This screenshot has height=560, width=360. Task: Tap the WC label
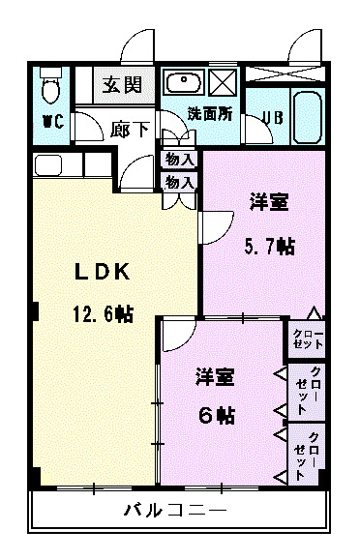(x=51, y=122)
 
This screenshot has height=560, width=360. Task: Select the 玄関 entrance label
(x=123, y=84)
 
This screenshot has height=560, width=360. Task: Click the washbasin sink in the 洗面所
(x=182, y=81)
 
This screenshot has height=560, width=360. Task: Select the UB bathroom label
(x=272, y=118)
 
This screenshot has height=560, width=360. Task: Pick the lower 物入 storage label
(x=179, y=181)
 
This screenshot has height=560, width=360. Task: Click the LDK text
(x=103, y=273)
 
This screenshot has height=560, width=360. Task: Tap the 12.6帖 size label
(x=101, y=313)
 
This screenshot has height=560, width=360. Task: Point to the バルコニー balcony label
(x=174, y=510)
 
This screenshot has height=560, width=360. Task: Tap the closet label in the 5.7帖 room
(x=308, y=339)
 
